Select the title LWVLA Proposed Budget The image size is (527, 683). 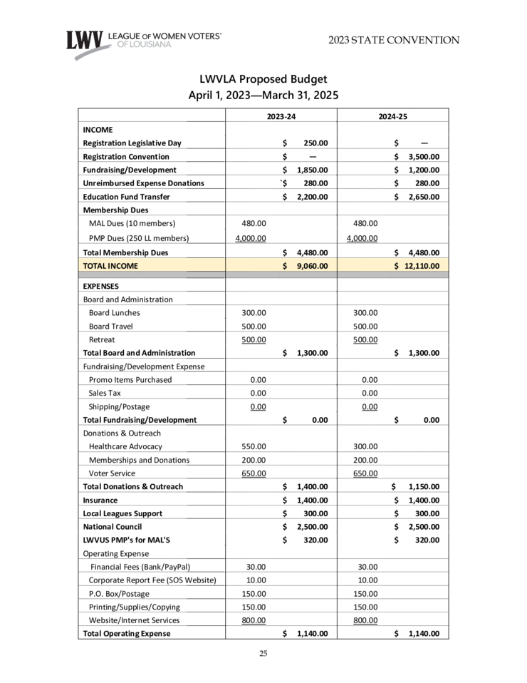coord(263,79)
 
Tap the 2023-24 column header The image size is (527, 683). coord(281,115)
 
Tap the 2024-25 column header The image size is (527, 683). coord(392,115)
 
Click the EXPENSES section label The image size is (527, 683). coord(100,286)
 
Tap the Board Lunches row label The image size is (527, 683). coord(114,312)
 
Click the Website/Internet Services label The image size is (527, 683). coord(135,620)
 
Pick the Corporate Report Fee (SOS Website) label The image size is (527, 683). coord(152,580)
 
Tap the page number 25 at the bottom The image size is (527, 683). coord(263,654)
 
